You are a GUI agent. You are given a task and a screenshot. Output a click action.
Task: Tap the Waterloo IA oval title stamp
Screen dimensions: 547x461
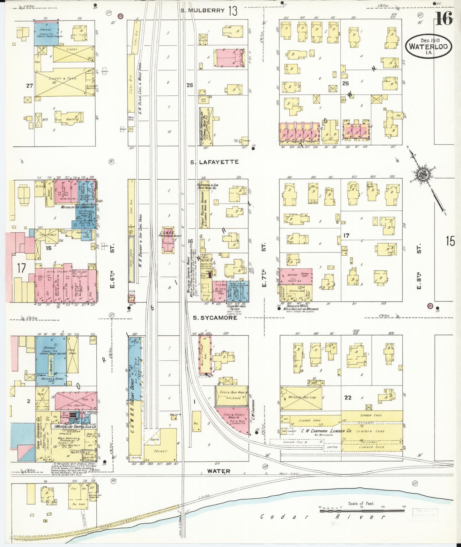(x=428, y=46)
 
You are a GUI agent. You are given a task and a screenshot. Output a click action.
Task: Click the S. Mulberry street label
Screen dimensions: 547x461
(x=202, y=10)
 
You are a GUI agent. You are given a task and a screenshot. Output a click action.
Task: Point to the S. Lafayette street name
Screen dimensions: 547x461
(x=214, y=162)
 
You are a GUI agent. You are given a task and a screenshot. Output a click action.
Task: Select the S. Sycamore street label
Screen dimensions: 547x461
(x=215, y=318)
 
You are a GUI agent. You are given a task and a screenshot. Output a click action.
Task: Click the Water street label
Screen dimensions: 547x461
(x=219, y=471)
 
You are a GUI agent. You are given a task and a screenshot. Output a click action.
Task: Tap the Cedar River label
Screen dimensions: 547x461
(x=322, y=517)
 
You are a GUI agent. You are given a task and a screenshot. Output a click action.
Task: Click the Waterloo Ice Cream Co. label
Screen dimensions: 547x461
(x=78, y=207)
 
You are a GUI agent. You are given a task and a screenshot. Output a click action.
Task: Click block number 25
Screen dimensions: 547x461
(x=345, y=84)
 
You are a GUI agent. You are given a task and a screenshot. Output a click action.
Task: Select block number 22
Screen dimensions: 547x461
(x=348, y=398)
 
